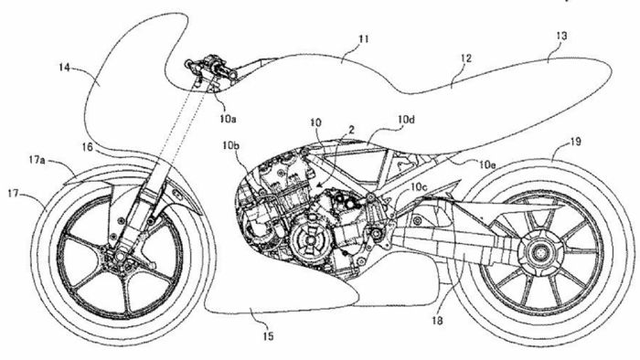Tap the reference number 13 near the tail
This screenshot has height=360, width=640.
click(560, 36)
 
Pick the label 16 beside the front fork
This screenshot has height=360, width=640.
click(86, 146)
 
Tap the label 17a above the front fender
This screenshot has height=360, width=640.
click(37, 159)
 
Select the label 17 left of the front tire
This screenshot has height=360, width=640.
click(14, 193)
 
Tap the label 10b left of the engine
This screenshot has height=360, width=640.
click(231, 145)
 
